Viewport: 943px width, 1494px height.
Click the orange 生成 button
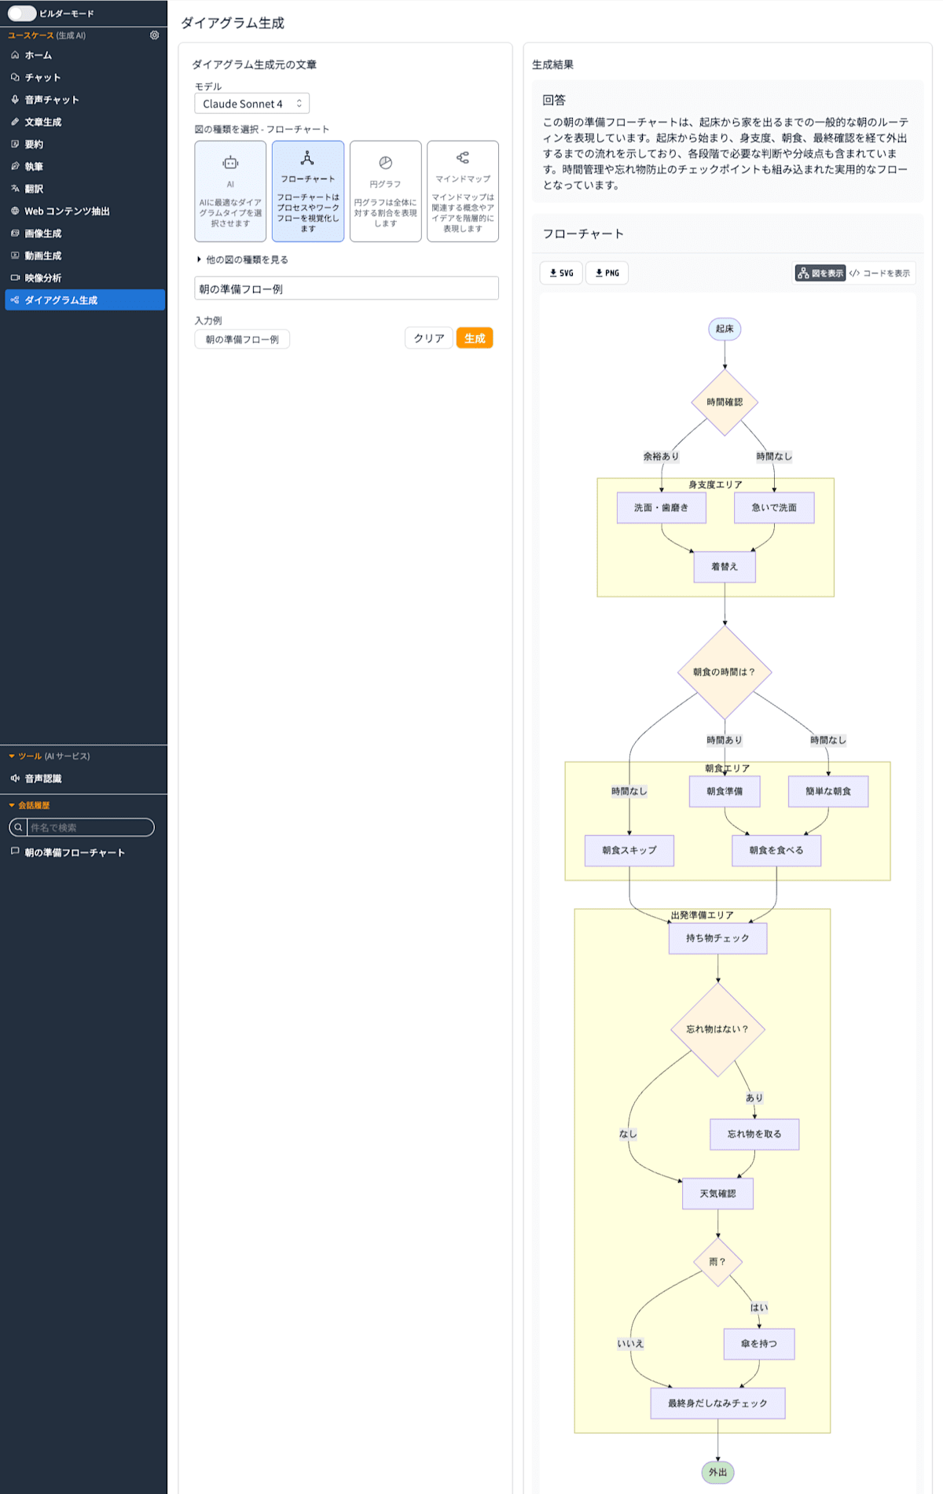click(475, 338)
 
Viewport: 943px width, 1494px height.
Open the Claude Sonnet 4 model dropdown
click(251, 104)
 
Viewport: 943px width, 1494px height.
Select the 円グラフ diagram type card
click(385, 191)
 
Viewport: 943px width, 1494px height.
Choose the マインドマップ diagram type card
click(463, 191)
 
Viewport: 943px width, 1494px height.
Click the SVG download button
click(561, 273)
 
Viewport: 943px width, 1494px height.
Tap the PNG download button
click(607, 273)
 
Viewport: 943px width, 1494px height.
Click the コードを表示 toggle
click(880, 273)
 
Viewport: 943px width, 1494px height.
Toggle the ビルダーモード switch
click(22, 13)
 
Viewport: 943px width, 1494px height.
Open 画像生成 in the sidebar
click(42, 234)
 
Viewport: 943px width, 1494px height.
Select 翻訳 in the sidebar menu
click(34, 189)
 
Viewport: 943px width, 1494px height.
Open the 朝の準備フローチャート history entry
click(74, 852)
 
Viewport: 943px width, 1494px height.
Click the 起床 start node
click(725, 329)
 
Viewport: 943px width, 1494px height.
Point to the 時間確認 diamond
click(725, 402)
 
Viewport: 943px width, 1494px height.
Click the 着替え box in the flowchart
click(725, 566)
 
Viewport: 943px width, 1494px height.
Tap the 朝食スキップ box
click(629, 850)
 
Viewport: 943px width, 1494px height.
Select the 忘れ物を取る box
click(754, 1134)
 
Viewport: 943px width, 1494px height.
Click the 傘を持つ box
click(759, 1344)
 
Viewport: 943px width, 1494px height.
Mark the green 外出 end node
click(718, 1472)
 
